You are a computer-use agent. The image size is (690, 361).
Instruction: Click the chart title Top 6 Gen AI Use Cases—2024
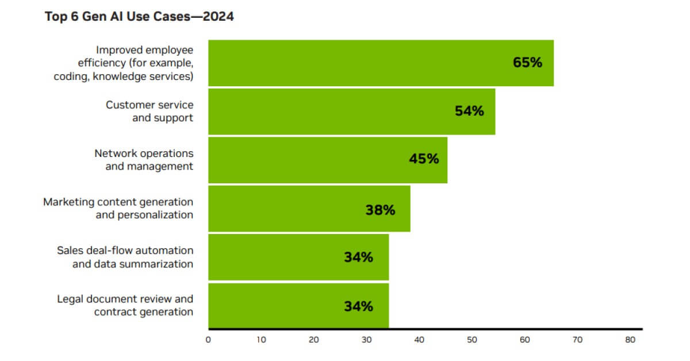(139, 17)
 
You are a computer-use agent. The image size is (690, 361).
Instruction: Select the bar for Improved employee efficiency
(356, 63)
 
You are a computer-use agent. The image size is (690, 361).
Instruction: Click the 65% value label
(527, 63)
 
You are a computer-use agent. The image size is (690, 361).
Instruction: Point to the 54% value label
(469, 111)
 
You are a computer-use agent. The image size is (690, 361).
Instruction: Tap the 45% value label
(424, 159)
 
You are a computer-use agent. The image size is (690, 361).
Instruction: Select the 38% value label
(380, 210)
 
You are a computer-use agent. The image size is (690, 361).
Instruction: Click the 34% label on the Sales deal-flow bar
(358, 257)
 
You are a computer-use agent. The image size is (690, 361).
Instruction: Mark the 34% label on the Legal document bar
(358, 306)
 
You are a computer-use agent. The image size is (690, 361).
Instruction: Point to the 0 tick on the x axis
(208, 340)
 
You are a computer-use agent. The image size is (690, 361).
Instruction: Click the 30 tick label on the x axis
(366, 340)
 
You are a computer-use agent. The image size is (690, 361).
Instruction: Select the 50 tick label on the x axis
(472, 340)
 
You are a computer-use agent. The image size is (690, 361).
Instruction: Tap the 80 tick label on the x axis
(630, 340)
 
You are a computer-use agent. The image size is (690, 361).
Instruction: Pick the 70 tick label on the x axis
(577, 340)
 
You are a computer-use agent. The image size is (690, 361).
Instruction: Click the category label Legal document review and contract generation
(125, 305)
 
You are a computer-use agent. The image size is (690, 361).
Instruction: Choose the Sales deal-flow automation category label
(125, 257)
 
